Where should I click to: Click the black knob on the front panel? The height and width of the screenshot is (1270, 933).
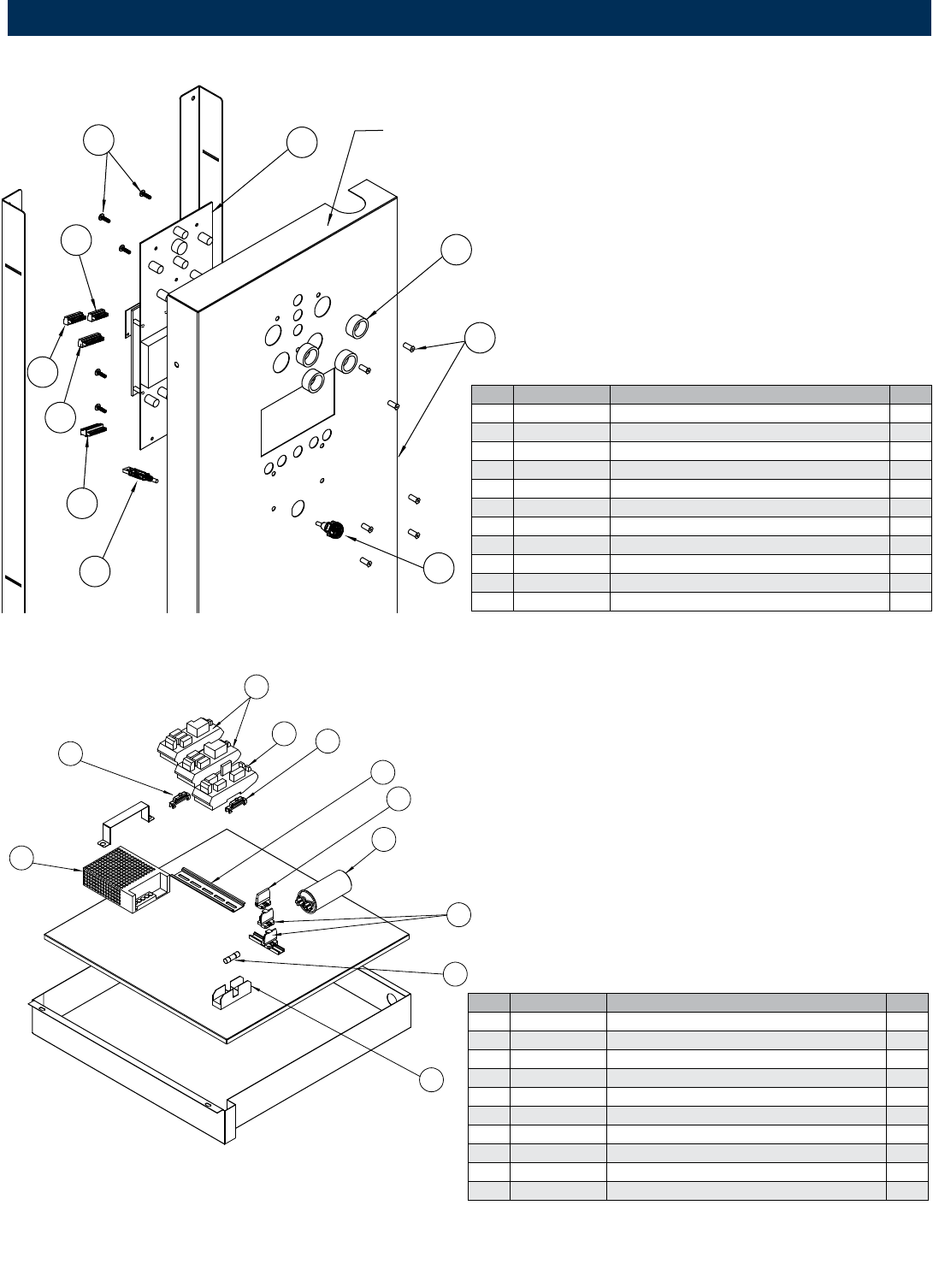tap(336, 529)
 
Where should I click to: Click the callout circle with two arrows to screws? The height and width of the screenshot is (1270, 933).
tap(100, 143)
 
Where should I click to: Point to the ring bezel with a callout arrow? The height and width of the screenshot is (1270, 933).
tap(357, 327)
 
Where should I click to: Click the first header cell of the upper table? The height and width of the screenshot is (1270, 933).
tap(492, 393)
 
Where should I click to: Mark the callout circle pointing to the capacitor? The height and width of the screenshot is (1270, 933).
tap(385, 839)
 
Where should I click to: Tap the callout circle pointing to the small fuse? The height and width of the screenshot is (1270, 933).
tap(456, 972)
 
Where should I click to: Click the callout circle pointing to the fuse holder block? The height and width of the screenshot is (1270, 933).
tap(431, 1079)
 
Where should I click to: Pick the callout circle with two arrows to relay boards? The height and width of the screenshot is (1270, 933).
tap(256, 686)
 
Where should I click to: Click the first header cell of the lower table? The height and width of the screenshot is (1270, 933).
tap(488, 1002)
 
